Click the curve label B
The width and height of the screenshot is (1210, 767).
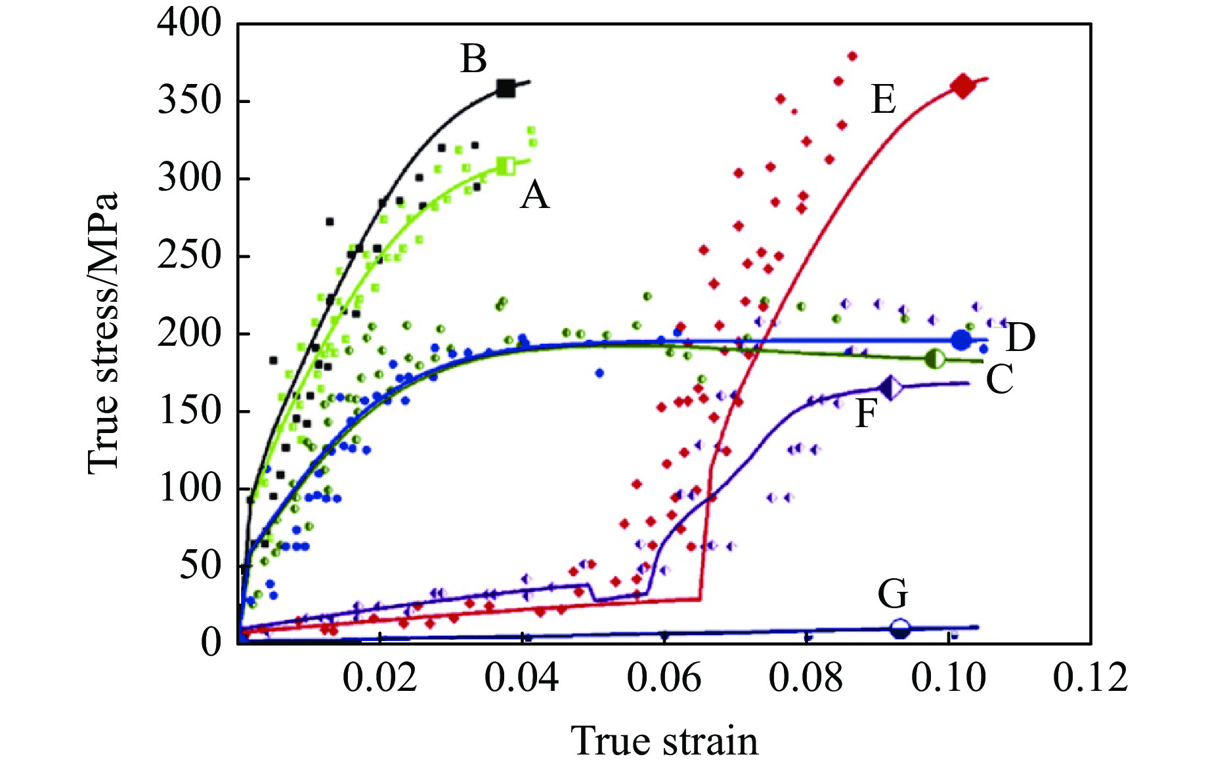[x=474, y=59]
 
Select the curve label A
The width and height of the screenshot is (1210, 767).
[x=534, y=196]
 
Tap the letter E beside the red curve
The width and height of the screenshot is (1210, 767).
[x=883, y=100]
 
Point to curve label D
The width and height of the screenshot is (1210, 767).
[x=1020, y=338]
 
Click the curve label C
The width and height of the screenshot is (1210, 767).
[x=999, y=380]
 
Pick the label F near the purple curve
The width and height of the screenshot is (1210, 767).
[x=866, y=414]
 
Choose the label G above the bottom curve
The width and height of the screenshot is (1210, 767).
[x=893, y=594]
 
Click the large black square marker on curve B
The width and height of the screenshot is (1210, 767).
[x=506, y=89]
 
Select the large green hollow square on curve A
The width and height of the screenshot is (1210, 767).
[x=506, y=166]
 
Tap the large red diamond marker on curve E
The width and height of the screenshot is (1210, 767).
[x=963, y=86]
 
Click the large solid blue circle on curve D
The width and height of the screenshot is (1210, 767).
[x=961, y=340]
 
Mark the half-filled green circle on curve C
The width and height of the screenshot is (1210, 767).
[x=935, y=359]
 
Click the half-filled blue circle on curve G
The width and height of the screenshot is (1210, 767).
[x=901, y=629]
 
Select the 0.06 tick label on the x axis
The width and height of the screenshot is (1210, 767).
[x=664, y=678]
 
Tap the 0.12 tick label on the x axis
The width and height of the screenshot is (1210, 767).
[x=1090, y=678]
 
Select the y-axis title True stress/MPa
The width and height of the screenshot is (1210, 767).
[x=104, y=333]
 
